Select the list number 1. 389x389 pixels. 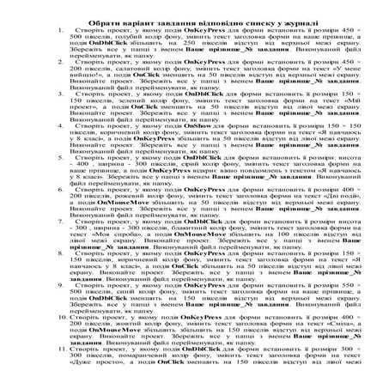pyautogui.click(x=52, y=31)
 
